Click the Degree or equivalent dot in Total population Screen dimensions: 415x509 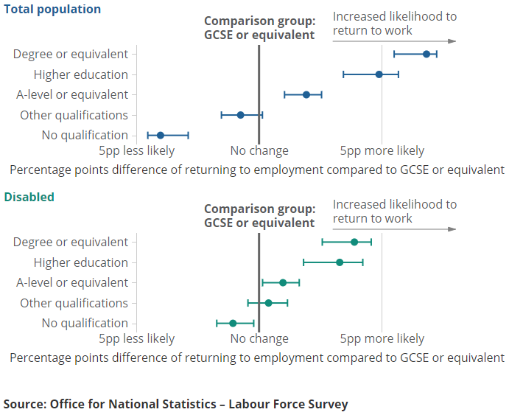click(426, 54)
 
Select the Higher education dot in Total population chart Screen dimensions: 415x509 click(379, 74)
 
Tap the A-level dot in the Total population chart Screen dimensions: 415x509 click(306, 94)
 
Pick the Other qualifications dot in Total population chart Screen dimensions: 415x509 click(240, 115)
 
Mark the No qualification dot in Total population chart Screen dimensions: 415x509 click(161, 135)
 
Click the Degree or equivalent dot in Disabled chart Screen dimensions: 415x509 click(354, 242)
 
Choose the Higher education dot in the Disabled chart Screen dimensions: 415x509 click(340, 262)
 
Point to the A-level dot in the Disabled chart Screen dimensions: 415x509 click(283, 282)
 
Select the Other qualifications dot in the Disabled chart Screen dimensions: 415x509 click(268, 303)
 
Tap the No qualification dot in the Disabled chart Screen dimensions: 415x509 click(233, 323)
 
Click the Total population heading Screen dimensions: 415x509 click(52, 10)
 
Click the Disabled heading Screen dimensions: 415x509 click(29, 198)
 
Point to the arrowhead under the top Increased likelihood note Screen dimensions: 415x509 click(452, 41)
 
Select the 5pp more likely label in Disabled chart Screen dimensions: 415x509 click(382, 339)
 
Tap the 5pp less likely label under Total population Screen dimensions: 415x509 click(137, 151)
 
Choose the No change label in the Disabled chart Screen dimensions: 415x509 click(259, 339)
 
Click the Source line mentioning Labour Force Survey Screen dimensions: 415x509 click(175, 404)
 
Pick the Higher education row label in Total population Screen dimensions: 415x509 click(81, 74)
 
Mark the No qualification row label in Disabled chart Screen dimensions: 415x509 click(85, 323)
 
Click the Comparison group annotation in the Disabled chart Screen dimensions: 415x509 click(259, 216)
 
